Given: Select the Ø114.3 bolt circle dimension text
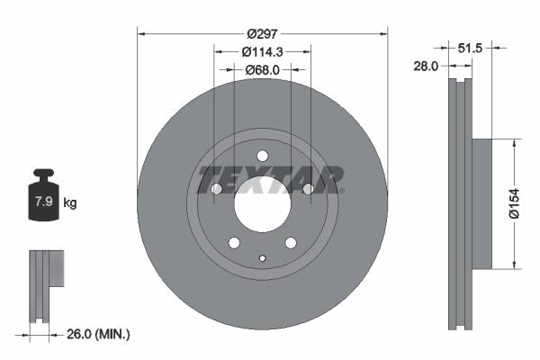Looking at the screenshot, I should [x=262, y=52].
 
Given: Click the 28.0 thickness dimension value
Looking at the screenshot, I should [x=426, y=66].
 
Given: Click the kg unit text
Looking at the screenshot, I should [x=69, y=202].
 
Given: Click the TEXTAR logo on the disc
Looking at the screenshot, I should [x=268, y=179].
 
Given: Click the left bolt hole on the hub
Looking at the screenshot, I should [x=216, y=189].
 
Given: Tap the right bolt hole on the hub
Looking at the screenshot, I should [x=308, y=189].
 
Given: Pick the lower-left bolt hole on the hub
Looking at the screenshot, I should [x=234, y=243].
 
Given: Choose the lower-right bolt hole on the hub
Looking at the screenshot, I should [x=291, y=243].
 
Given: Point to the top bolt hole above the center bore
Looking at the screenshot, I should [x=262, y=155].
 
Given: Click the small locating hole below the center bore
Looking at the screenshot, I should [x=262, y=261].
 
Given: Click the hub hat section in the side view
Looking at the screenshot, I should [x=481, y=202].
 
